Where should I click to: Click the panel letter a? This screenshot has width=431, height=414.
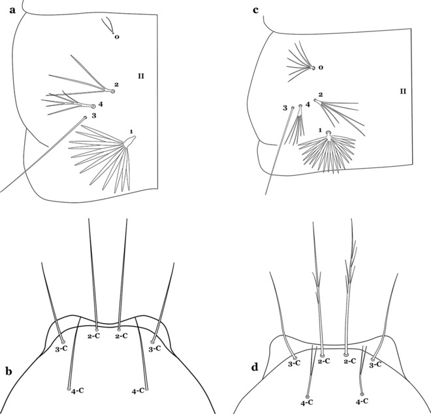point(12,10)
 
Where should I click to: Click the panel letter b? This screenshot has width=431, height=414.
point(8,371)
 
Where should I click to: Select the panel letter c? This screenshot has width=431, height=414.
point(255,10)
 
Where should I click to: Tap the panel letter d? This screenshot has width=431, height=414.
point(255,367)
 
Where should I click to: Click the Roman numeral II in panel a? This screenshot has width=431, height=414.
point(141,76)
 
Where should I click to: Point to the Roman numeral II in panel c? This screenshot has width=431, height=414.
point(403,91)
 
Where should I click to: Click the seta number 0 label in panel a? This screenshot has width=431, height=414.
point(117,37)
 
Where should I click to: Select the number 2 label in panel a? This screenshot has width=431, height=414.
point(116,84)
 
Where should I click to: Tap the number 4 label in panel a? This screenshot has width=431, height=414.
point(101,104)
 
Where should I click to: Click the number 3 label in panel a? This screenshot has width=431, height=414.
point(94,116)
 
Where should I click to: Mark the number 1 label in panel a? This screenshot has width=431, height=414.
point(131,131)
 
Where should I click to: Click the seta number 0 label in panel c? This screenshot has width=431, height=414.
point(321,67)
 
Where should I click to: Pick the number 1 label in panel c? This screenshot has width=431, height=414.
point(320,129)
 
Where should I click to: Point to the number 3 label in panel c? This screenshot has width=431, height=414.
point(285,108)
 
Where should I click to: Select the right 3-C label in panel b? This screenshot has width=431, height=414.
point(155,349)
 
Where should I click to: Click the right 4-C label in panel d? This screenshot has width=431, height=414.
point(362,402)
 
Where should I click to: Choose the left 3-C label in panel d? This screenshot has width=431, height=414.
point(294,364)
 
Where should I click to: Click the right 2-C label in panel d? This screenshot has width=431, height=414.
point(350,361)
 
